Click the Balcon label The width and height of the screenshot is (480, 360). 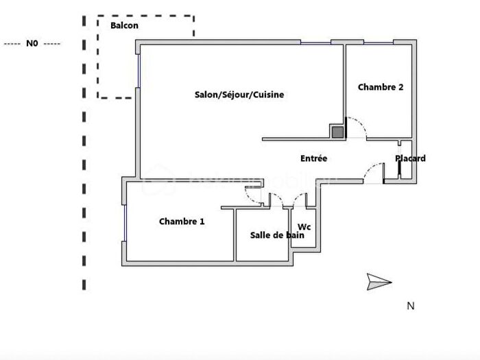click(x=124, y=26)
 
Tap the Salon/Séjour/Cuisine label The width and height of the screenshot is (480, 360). click(x=239, y=95)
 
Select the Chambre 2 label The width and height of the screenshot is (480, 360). click(x=380, y=87)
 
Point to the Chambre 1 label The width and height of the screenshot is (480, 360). click(x=182, y=221)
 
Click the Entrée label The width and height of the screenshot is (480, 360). click(x=313, y=158)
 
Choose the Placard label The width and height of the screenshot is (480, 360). click(x=410, y=158)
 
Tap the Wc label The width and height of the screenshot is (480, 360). click(x=304, y=227)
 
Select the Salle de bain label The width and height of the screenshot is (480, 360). click(x=277, y=235)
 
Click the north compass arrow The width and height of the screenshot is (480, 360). click(x=379, y=281)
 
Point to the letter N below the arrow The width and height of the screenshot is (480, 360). click(x=411, y=307)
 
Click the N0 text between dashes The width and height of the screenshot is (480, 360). click(x=32, y=43)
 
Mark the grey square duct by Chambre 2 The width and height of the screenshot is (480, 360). click(x=337, y=132)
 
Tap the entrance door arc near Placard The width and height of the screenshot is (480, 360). click(x=374, y=171)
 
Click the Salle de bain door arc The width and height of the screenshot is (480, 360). click(x=277, y=200)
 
